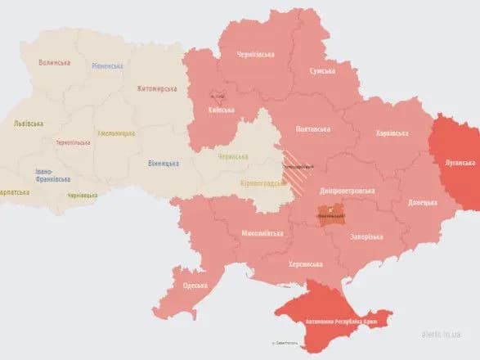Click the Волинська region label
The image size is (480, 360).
[x=55, y=62]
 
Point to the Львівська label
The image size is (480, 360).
[x=29, y=124]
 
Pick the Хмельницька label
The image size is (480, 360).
[x=114, y=133]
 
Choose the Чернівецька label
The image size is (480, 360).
[x=83, y=195]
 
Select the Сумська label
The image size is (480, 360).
[x=321, y=70]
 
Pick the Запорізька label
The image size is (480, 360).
[x=366, y=237]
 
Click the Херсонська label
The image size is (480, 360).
[x=305, y=264]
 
